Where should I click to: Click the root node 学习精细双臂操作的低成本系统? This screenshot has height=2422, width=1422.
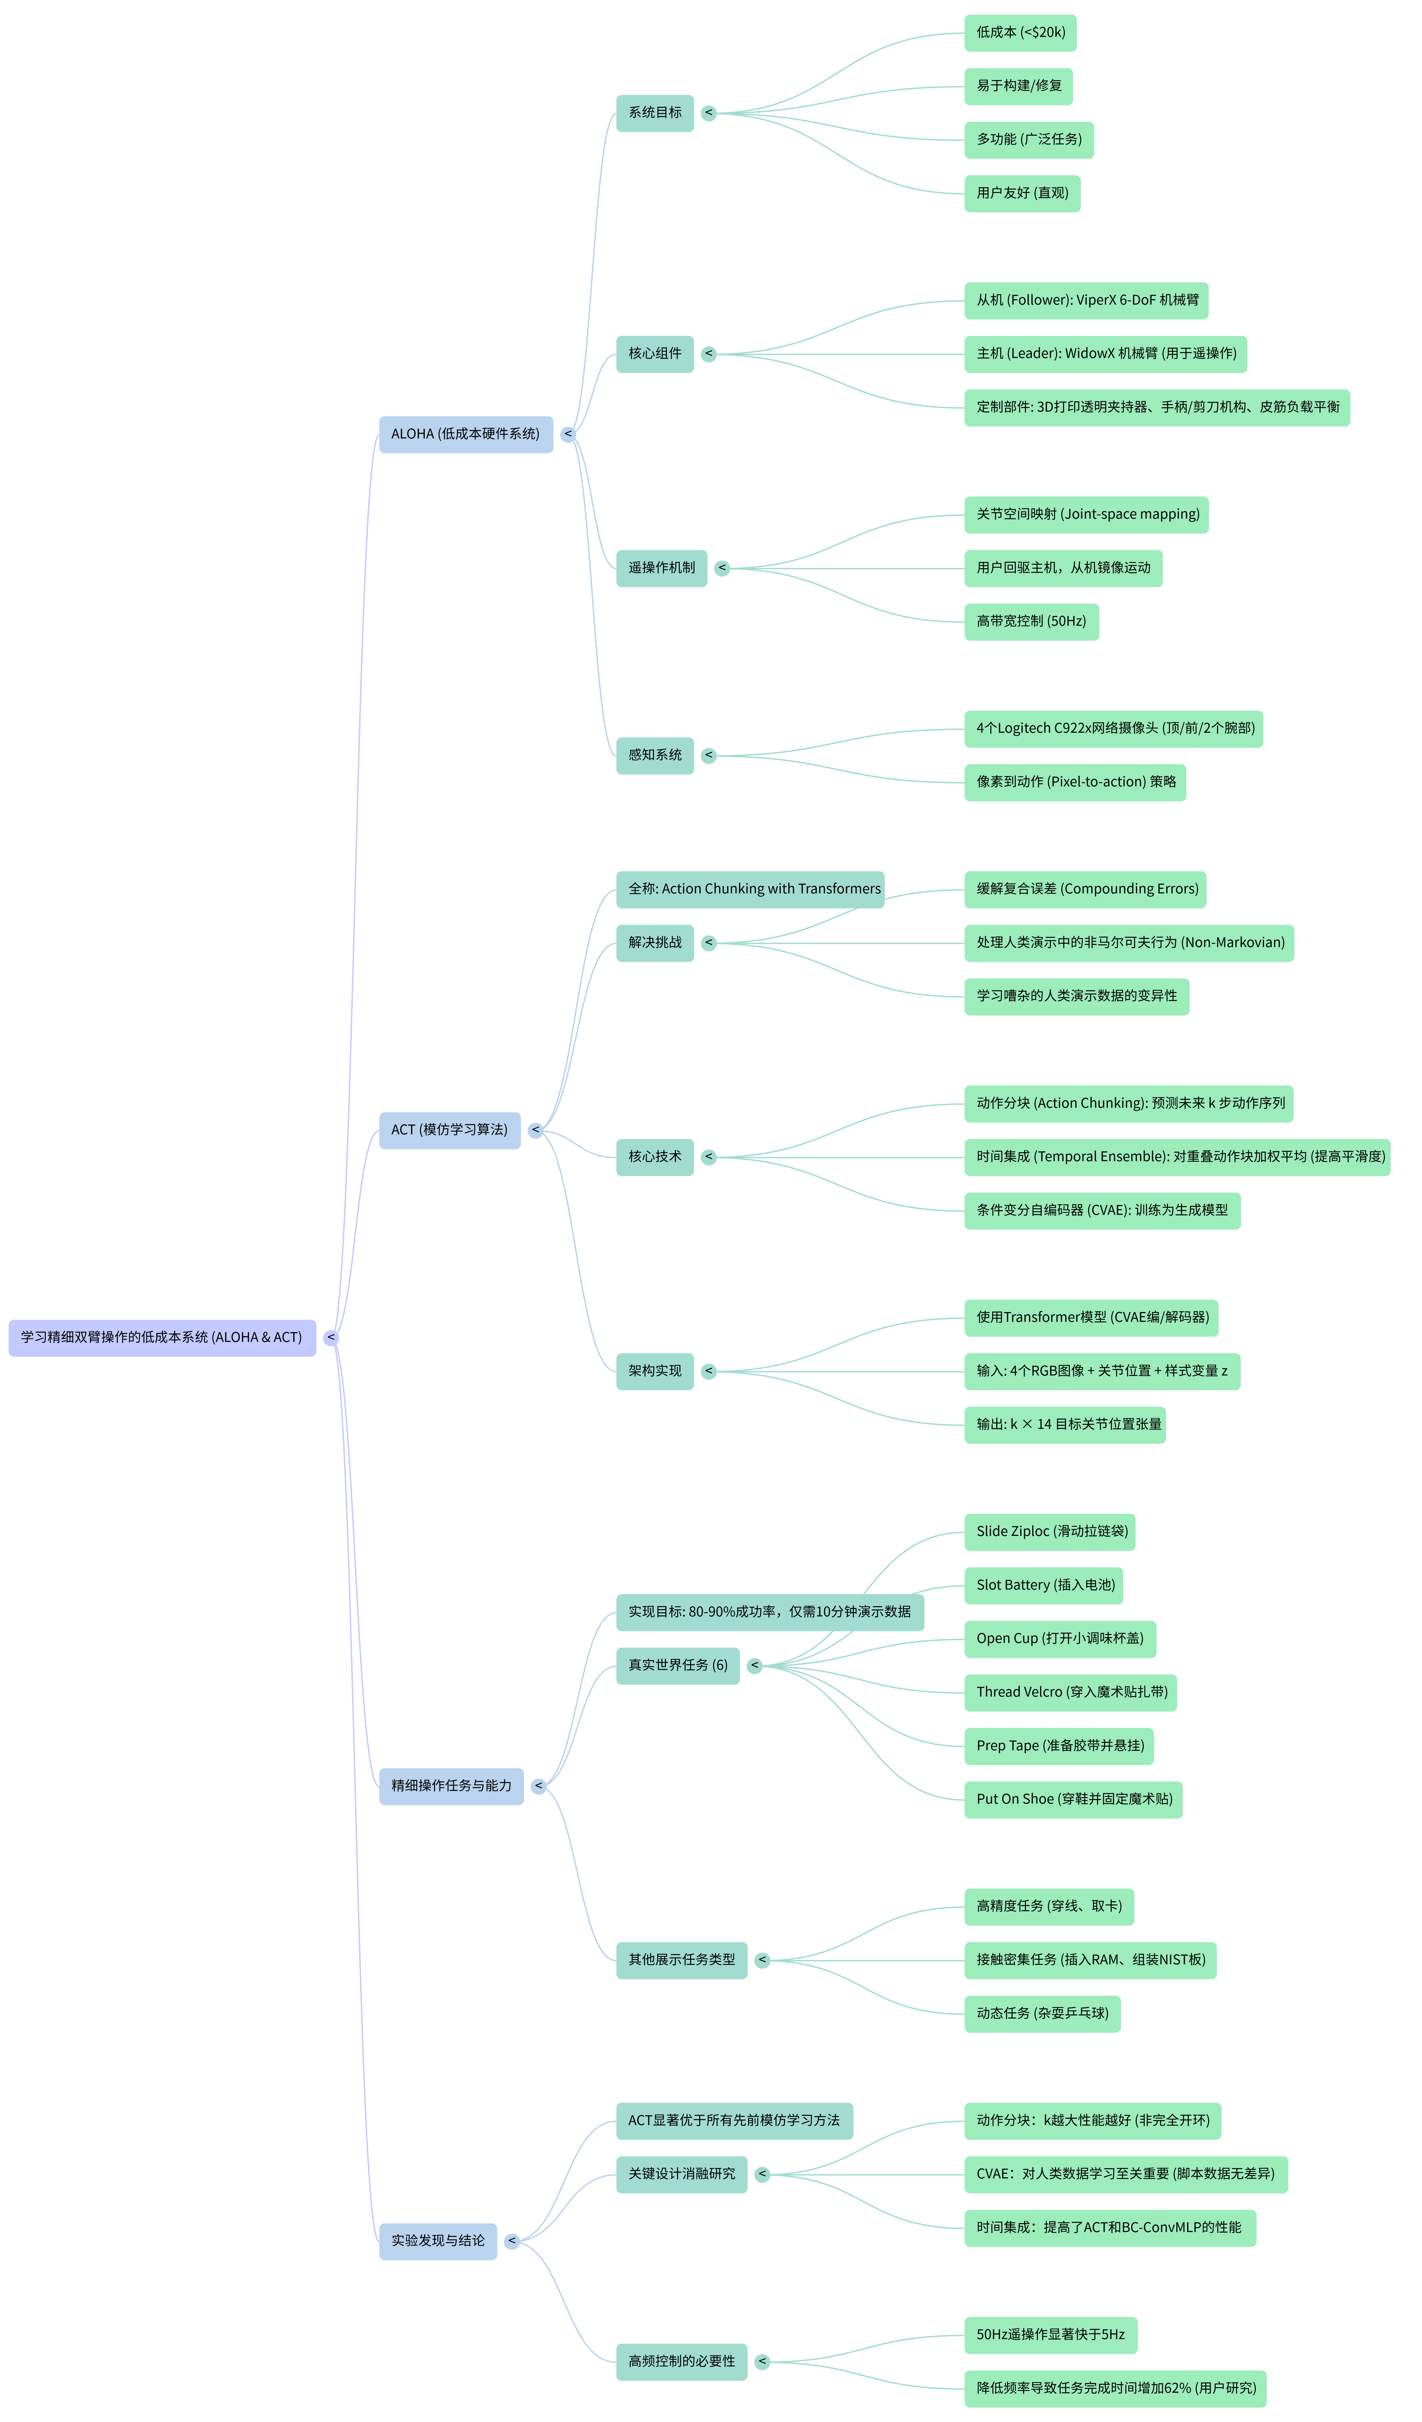[x=162, y=1337]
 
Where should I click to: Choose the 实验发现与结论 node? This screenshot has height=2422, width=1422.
[x=437, y=2240]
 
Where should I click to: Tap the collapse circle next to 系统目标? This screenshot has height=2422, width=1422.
[x=709, y=114]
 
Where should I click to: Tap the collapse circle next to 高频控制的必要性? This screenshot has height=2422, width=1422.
[x=763, y=2362]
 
